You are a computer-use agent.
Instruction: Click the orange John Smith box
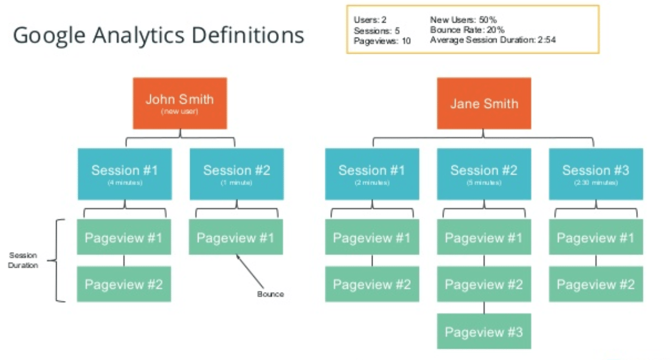tap(179, 103)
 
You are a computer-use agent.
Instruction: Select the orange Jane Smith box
tap(483, 103)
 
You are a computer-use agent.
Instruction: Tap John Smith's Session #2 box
tap(236, 173)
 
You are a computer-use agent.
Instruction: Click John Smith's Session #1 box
tap(125, 173)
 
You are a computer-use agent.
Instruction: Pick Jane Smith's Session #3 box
tap(595, 173)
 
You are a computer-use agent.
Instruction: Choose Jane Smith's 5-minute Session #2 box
tap(483, 173)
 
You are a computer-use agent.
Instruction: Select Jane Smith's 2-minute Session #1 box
tap(371, 173)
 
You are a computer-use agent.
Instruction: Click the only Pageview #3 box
tap(483, 331)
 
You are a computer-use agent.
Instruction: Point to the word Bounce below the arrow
tap(271, 294)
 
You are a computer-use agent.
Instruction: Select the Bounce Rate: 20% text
tap(467, 30)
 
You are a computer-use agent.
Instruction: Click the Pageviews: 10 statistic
tap(381, 41)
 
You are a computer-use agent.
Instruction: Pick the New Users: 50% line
tap(463, 20)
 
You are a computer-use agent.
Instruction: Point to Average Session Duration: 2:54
tap(493, 40)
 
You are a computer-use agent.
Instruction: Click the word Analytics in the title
tap(134, 36)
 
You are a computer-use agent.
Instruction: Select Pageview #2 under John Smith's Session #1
tap(123, 284)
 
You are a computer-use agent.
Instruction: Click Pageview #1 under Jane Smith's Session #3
tap(595, 238)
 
